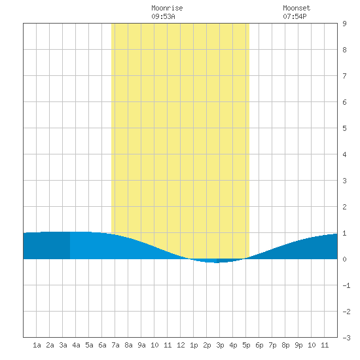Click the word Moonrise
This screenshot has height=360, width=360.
click(167, 8)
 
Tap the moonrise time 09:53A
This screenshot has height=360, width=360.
click(163, 16)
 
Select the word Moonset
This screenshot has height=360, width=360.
click(297, 8)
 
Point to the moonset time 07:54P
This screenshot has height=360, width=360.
click(295, 16)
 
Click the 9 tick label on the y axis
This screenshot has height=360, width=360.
click(344, 24)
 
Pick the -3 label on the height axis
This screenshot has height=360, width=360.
click(346, 338)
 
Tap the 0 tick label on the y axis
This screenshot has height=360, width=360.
click(344, 259)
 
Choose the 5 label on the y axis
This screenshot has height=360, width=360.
click(344, 128)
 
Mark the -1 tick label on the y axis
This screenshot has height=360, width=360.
click(346, 285)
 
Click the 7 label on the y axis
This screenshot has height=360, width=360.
click(344, 76)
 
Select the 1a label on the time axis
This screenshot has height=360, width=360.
click(37, 345)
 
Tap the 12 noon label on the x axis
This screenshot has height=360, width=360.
click(181, 345)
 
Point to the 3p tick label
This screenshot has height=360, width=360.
click(220, 345)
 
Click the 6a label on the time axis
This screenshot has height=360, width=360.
click(102, 345)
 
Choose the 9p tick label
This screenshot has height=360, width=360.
click(298, 345)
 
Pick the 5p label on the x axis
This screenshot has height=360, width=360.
click(246, 345)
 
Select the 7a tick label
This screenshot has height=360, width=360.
click(115, 345)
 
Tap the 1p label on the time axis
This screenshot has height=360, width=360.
click(194, 345)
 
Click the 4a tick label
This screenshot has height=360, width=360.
click(76, 345)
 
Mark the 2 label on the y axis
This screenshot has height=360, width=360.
click(344, 207)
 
